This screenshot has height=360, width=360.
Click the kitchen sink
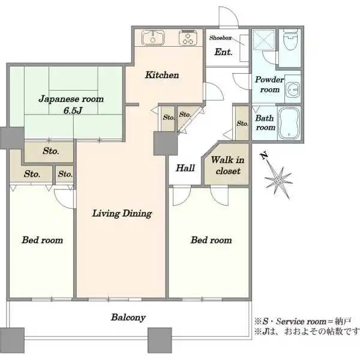[153, 38]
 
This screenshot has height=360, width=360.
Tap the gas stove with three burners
[188, 37]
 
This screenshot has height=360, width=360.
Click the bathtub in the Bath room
[289, 123]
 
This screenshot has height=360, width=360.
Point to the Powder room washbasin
[293, 89]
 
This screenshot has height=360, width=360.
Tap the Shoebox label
[220, 38]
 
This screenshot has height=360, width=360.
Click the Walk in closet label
[228, 166]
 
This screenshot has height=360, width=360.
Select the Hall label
[185, 168]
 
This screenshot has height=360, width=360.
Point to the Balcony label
[128, 317]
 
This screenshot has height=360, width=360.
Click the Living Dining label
[122, 214]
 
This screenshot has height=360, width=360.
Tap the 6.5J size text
[73, 110]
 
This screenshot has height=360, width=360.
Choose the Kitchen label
[162, 75]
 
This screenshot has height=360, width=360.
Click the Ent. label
[223, 52]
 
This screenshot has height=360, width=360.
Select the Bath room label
[265, 122]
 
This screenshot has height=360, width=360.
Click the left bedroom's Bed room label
[43, 240]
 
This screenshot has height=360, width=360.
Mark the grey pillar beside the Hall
[166, 143]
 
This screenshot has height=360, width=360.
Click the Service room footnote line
[302, 321]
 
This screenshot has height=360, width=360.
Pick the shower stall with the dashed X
[264, 40]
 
